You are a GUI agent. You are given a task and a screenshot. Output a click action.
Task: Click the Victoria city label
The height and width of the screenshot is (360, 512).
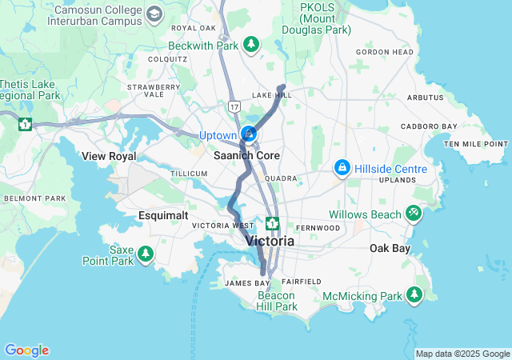tap(270, 240)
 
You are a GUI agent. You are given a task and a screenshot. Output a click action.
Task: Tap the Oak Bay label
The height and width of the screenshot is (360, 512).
tap(390, 248)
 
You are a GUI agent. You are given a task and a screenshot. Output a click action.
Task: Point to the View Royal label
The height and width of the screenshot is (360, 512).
tap(110, 156)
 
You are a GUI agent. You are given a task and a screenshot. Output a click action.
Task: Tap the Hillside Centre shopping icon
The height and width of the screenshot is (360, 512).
tap(342, 169)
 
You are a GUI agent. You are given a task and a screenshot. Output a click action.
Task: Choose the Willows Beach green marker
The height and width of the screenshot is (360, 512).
tap(414, 214)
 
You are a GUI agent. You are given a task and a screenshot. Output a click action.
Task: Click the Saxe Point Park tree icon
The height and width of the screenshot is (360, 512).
tap(145, 254)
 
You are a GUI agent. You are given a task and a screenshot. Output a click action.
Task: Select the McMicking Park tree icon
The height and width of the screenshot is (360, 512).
tap(414, 295)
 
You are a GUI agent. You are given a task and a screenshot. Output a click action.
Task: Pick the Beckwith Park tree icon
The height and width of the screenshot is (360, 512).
tap(251, 44)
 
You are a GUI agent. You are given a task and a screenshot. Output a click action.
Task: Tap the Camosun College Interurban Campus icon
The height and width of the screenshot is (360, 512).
tap(154, 14)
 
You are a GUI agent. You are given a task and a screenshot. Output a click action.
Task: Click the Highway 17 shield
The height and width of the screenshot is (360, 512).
tap(233, 106)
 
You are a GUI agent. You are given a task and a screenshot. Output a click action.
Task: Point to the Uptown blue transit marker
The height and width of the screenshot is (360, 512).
tap(249, 132)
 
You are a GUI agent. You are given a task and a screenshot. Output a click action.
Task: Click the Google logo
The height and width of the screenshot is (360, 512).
tap(26, 350)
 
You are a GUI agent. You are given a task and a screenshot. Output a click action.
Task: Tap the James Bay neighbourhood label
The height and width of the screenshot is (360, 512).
tap(247, 283)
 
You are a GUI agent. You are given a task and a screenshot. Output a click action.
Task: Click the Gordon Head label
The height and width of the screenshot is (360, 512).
tap(385, 52)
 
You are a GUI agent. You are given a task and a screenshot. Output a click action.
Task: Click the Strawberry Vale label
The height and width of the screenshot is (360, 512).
tap(146, 90)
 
